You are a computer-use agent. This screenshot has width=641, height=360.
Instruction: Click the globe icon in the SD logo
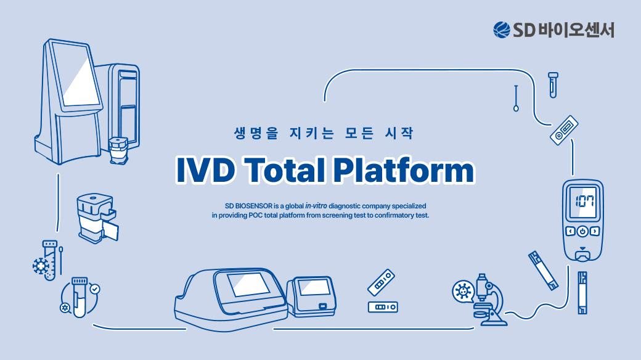pyautogui.click(x=502, y=30)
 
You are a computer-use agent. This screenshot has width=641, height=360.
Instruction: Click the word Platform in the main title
pyautogui.click(x=404, y=170)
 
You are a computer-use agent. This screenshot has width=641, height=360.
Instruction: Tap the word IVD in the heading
pyautogui.click(x=205, y=170)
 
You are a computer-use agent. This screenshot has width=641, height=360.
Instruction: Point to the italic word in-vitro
pyautogui.click(x=316, y=206)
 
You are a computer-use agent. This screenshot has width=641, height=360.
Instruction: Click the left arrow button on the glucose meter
pyautogui.click(x=570, y=232)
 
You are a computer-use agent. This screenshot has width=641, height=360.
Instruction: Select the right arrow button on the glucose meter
pyautogui.click(x=595, y=232)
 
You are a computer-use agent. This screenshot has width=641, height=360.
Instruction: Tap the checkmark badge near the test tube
pyautogui.click(x=95, y=289)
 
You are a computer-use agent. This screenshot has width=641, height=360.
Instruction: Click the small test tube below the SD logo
pyautogui.click(x=553, y=84)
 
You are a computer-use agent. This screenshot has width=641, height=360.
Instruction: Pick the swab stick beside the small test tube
pyautogui.click(x=516, y=98)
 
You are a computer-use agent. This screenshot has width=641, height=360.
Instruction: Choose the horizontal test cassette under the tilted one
pyautogui.click(x=383, y=307)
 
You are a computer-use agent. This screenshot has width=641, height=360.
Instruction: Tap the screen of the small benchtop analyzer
pyautogui.click(x=314, y=287)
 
